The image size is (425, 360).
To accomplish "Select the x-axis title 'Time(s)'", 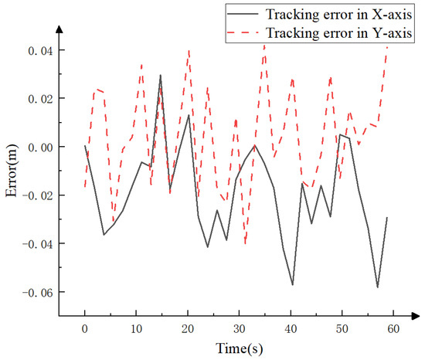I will click(x=239, y=348).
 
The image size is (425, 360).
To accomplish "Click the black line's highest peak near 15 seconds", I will click(x=161, y=75).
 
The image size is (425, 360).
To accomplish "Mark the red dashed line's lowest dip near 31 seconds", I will click(x=246, y=243).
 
